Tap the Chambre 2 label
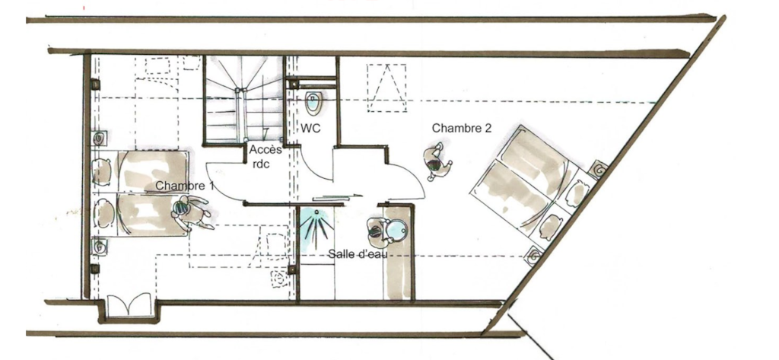462,128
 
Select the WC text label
310,129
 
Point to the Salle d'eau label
358,254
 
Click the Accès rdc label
265,156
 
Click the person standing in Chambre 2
437,161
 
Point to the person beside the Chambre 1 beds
192,213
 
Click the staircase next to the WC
243,100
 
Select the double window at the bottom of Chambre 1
129,304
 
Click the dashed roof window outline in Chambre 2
386,88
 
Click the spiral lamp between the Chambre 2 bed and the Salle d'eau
534,256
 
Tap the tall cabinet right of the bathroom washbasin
398,253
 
